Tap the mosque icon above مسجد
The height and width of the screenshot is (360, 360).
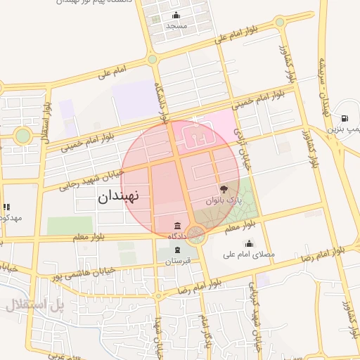(x=176, y=15)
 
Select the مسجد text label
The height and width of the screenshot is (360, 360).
(x=176, y=25)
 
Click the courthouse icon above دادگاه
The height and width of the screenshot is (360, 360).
(x=176, y=226)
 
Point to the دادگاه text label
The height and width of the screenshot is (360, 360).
(x=176, y=236)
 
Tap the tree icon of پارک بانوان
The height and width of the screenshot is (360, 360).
(x=224, y=189)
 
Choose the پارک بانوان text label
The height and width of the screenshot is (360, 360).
(x=223, y=200)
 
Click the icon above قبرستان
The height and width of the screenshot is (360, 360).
(x=178, y=251)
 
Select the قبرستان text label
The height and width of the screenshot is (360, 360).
(x=178, y=261)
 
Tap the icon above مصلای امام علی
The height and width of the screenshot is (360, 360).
(x=248, y=244)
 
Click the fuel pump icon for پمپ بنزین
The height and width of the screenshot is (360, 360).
(x=345, y=118)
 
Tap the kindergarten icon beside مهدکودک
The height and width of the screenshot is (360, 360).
(x=6, y=207)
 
